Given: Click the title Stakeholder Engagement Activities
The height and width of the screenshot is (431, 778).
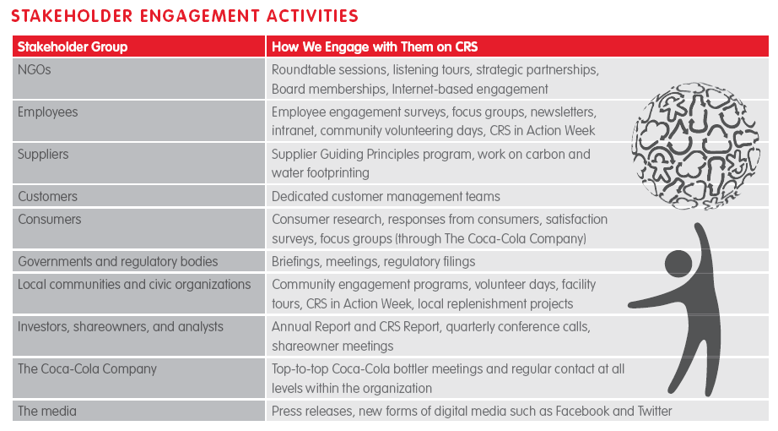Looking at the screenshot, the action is (185, 16).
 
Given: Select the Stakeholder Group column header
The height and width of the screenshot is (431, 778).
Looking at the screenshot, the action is (73, 46).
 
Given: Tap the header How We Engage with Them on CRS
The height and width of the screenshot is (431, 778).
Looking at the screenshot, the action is (375, 46).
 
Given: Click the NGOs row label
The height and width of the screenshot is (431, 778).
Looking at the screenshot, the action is (35, 69).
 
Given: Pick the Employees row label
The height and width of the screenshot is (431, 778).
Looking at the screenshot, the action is (47, 112).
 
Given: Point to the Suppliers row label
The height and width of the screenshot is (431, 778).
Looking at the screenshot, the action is (43, 155).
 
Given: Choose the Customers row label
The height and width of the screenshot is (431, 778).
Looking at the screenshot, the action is (47, 196).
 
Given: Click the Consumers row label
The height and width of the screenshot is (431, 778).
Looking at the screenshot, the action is (50, 219).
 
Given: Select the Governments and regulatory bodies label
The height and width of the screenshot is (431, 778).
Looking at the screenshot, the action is (118, 261).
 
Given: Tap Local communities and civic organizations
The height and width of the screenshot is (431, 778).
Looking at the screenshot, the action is (134, 284).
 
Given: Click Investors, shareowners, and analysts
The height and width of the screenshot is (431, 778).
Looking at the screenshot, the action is (121, 326).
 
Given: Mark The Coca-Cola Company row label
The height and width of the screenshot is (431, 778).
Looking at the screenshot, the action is (87, 368).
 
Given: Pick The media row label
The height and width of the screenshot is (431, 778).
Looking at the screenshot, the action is (47, 411).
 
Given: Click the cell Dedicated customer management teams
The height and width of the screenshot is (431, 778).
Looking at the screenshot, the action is (386, 196).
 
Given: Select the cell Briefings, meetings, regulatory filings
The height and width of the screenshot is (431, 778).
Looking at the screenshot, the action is (373, 261).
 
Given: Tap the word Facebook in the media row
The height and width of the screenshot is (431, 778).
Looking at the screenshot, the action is (581, 411).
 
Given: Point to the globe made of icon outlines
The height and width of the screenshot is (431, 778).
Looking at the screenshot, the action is (695, 145).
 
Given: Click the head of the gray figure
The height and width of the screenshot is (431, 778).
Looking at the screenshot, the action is (678, 264).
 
